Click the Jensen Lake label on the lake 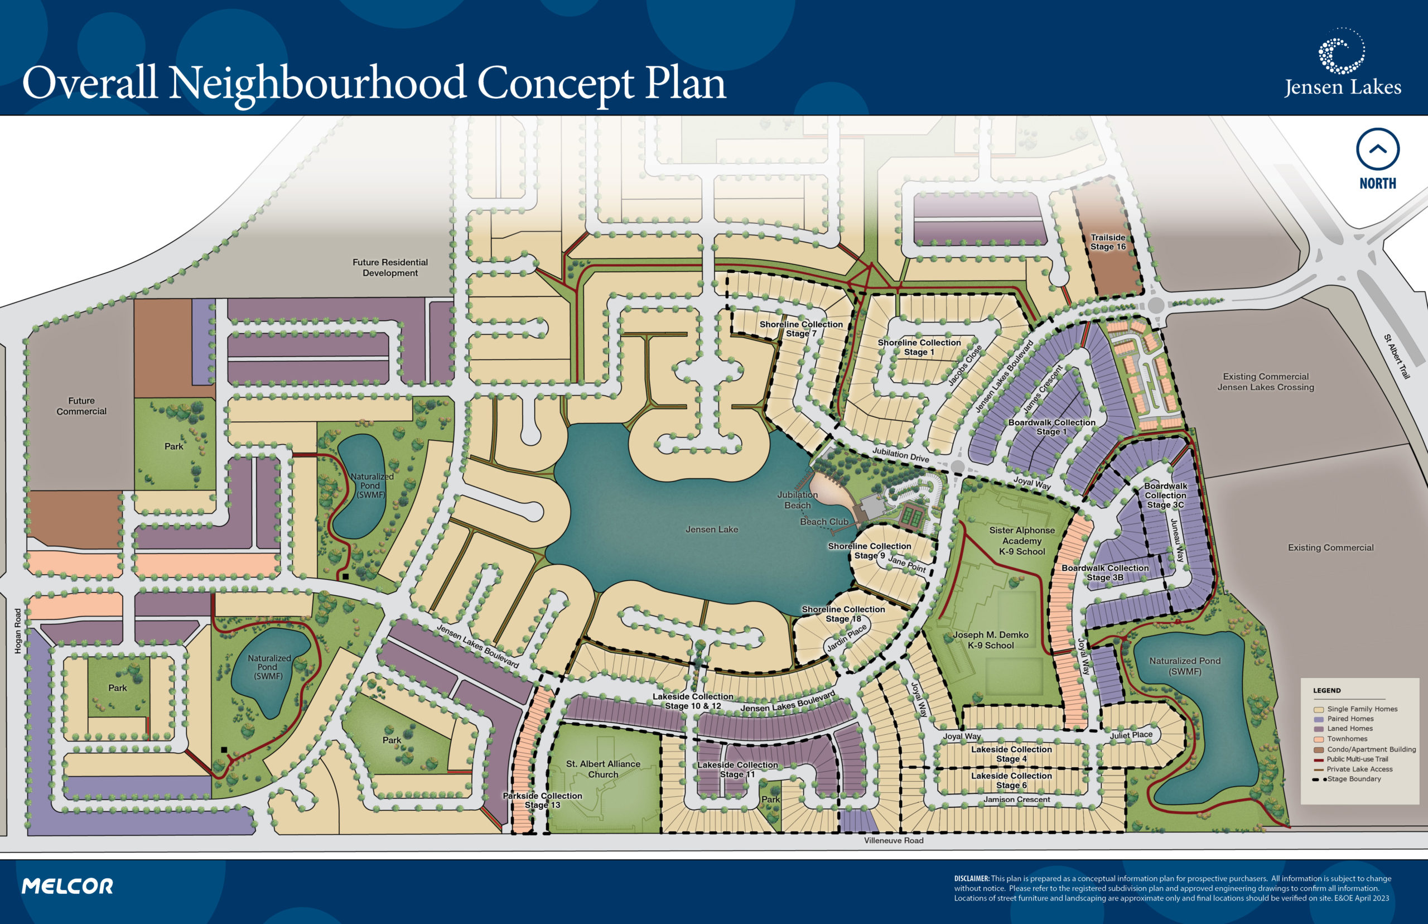coord(711,529)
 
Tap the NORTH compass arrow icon coord(1377,150)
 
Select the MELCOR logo coord(67,886)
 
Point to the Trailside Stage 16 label coord(1108,242)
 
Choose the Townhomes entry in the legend coord(1347,739)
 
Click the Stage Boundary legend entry coord(1354,779)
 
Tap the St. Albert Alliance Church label coord(603,768)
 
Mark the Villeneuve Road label coord(893,840)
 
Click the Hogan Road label coord(18,631)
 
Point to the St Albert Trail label coord(1396,357)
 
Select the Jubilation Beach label coord(797,500)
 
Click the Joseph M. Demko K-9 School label coord(990,639)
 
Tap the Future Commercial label coord(81,406)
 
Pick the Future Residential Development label coord(390,267)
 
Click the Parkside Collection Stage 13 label coord(542,800)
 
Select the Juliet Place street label coord(1131,734)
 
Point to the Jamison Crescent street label coord(1016,799)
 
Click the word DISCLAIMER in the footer coord(971,878)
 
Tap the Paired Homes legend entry coord(1349,718)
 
